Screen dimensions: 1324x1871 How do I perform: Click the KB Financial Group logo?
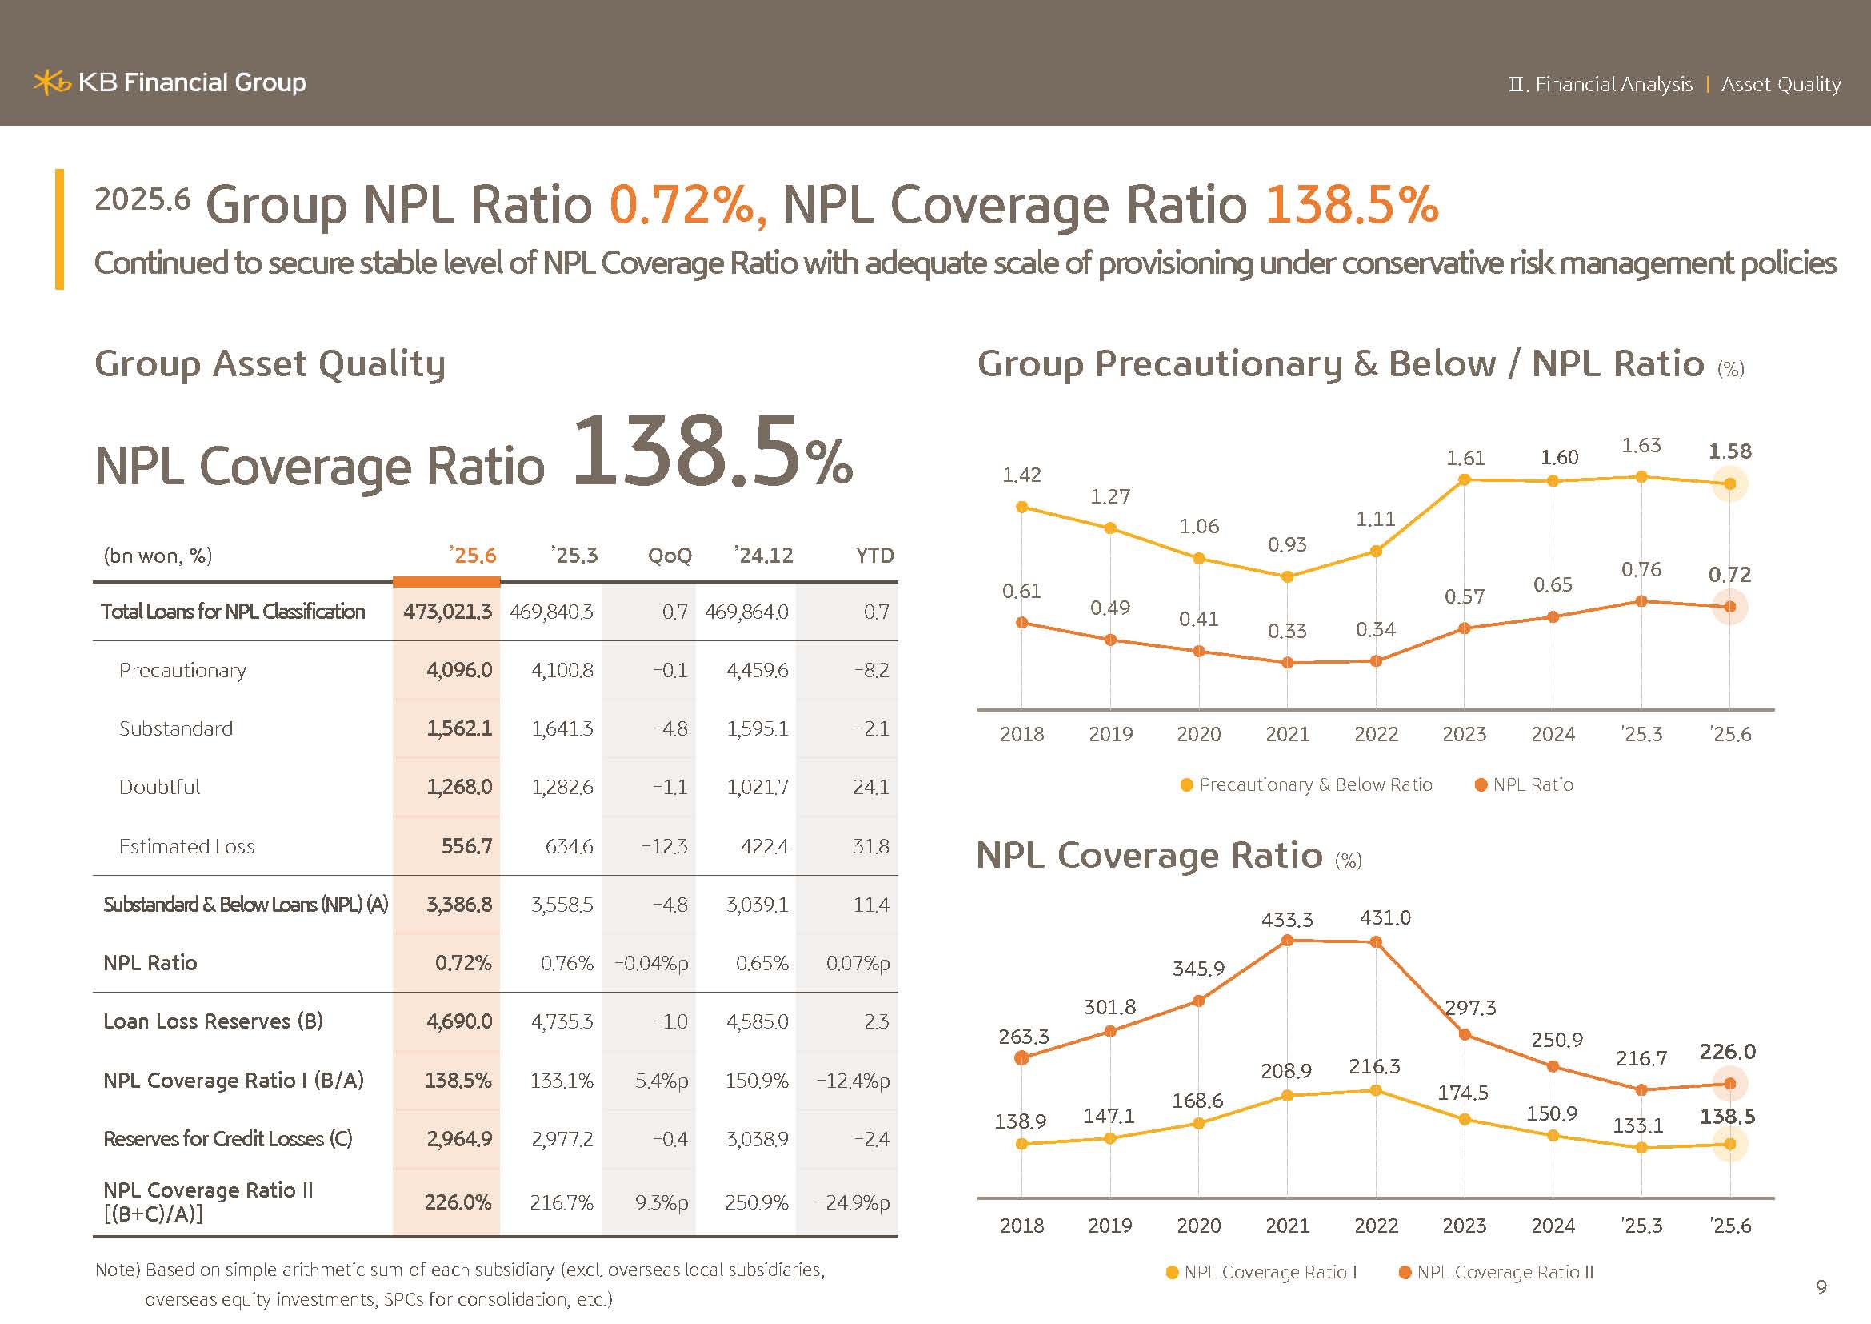point(170,82)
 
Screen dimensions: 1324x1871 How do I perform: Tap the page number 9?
point(1821,1286)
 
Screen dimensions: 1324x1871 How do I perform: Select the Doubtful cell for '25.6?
point(459,787)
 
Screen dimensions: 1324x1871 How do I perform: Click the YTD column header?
point(874,556)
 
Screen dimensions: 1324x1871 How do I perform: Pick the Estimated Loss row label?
point(186,846)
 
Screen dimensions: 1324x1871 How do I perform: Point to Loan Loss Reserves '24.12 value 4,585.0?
point(756,1021)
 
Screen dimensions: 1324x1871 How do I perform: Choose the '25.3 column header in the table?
point(574,556)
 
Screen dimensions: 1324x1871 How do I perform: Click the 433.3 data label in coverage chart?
point(1287,920)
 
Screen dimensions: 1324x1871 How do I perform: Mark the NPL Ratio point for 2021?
point(1288,663)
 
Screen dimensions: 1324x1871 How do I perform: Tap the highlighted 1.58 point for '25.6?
point(1730,484)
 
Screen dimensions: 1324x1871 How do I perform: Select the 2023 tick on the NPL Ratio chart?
point(1464,734)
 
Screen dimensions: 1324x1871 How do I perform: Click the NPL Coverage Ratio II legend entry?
point(1495,1272)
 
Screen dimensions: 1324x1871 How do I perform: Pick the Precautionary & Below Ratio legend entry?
point(1306,784)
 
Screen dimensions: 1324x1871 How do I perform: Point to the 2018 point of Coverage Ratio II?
point(1021,1058)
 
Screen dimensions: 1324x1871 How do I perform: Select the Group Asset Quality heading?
point(270,363)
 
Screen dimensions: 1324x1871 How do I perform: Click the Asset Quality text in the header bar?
point(1781,84)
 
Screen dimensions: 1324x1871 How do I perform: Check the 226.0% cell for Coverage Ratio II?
point(458,1202)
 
